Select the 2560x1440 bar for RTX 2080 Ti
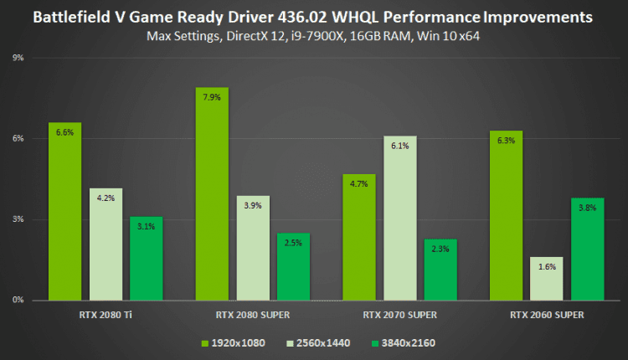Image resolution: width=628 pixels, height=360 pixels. (x=106, y=244)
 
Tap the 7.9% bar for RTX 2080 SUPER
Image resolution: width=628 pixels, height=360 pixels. (x=212, y=193)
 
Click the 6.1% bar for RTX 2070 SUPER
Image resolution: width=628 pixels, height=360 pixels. (x=400, y=218)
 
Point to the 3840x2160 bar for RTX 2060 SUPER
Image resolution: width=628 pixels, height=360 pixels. (x=588, y=249)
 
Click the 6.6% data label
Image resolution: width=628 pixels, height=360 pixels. (x=64, y=132)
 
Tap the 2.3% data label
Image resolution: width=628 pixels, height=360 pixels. (x=441, y=249)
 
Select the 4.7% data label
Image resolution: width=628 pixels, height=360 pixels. (x=359, y=183)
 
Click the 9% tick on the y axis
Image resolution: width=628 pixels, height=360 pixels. (x=18, y=58)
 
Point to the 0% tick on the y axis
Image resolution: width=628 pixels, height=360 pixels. (x=18, y=300)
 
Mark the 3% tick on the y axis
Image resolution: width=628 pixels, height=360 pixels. (x=18, y=219)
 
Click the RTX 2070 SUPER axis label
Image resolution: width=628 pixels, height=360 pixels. (x=399, y=315)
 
